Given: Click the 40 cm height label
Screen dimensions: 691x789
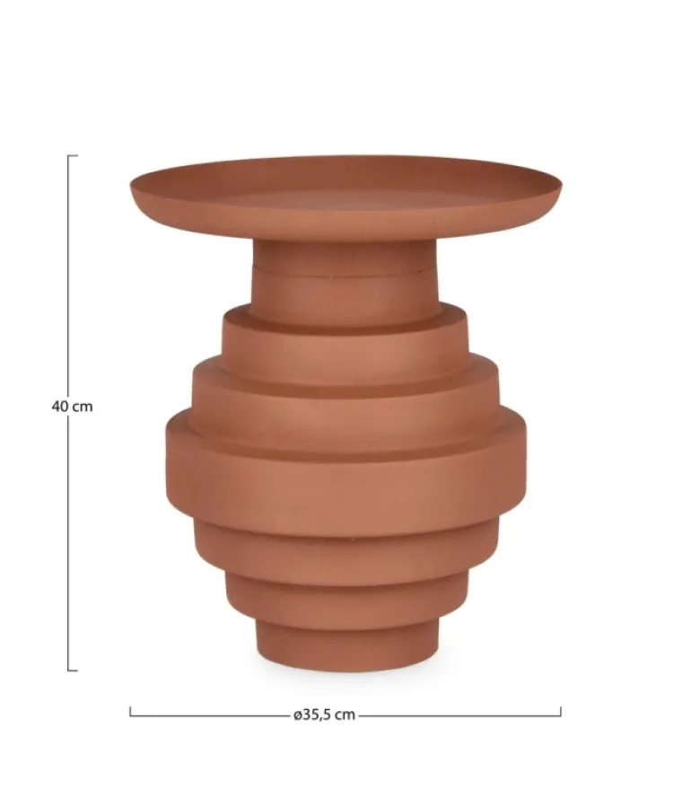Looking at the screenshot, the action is pos(72,407).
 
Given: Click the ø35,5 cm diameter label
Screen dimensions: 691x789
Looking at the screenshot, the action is pos(324,714).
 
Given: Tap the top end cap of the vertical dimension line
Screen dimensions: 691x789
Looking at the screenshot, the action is pos(73,156).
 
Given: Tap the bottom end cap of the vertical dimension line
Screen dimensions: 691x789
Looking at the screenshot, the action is pos(73,671).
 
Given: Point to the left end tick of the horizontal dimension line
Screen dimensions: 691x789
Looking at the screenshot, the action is pos(130,711).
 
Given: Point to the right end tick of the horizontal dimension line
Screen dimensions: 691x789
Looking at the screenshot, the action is pos(560,711).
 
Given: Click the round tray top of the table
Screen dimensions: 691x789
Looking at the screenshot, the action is pos(345,197).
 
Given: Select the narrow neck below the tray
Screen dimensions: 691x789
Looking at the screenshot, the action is pos(345,281).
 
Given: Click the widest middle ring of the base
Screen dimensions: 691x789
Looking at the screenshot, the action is pos(345,473).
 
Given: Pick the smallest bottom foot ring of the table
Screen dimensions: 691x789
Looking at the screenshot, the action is pos(345,644).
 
